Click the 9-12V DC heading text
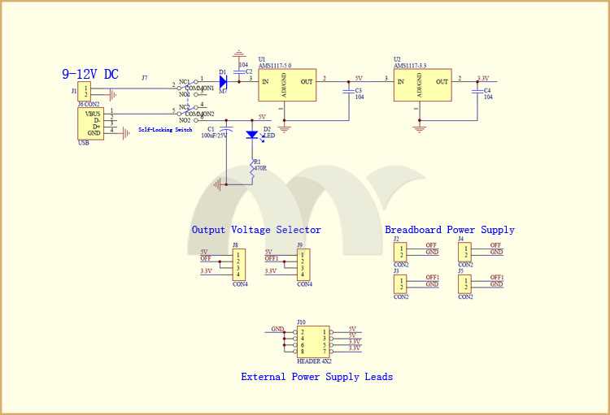pos(89,74)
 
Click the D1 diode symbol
pos(223,80)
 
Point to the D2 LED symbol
pos(252,135)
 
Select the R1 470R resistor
pos(252,169)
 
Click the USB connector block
pos(90,123)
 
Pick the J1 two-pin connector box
pos(85,92)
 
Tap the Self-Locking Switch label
pos(165,130)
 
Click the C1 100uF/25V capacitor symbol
pos(227,129)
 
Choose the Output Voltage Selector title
pos(256,230)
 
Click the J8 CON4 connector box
pos(239,264)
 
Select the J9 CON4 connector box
pos(303,264)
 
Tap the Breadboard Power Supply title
pos(450,230)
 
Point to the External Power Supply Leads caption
pos(316,377)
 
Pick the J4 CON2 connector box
pos(465,251)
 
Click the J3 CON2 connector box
pos(400,283)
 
